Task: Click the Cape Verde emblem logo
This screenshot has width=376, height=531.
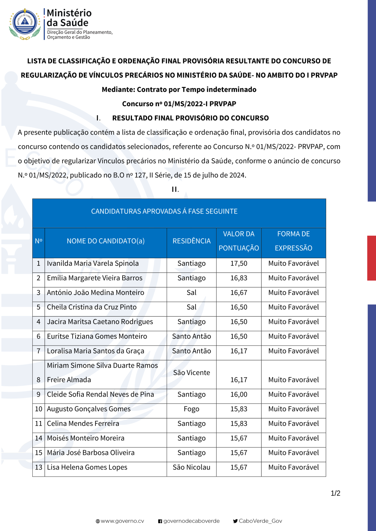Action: [x=25, y=24]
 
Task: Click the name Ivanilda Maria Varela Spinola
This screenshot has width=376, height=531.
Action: [x=92, y=263]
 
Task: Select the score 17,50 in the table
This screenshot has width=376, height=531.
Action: [x=239, y=263]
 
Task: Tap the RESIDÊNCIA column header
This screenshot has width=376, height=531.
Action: [x=191, y=241]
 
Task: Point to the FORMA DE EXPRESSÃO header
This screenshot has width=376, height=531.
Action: [x=293, y=241]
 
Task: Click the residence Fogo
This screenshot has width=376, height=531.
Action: [x=191, y=409]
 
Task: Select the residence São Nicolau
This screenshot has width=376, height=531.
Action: [x=191, y=467]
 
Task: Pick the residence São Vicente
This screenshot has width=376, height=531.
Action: [x=191, y=373]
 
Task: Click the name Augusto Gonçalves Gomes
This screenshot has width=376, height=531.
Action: [x=89, y=409]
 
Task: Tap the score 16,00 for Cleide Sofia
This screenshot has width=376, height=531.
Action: [x=239, y=394]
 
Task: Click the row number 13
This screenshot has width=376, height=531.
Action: [x=38, y=467]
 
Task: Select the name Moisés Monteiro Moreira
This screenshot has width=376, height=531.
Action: [x=85, y=438]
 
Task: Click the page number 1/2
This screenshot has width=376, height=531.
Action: [x=335, y=493]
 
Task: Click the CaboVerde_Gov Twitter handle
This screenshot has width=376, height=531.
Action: [x=260, y=521]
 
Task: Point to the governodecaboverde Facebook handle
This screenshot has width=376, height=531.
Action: [x=191, y=521]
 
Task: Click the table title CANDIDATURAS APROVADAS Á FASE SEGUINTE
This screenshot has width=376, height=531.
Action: [x=164, y=211]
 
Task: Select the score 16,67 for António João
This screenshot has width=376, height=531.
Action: [x=239, y=293]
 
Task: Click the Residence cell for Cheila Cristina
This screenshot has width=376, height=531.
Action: [x=191, y=307]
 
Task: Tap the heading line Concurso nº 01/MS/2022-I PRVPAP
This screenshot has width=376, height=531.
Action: [x=179, y=104]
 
